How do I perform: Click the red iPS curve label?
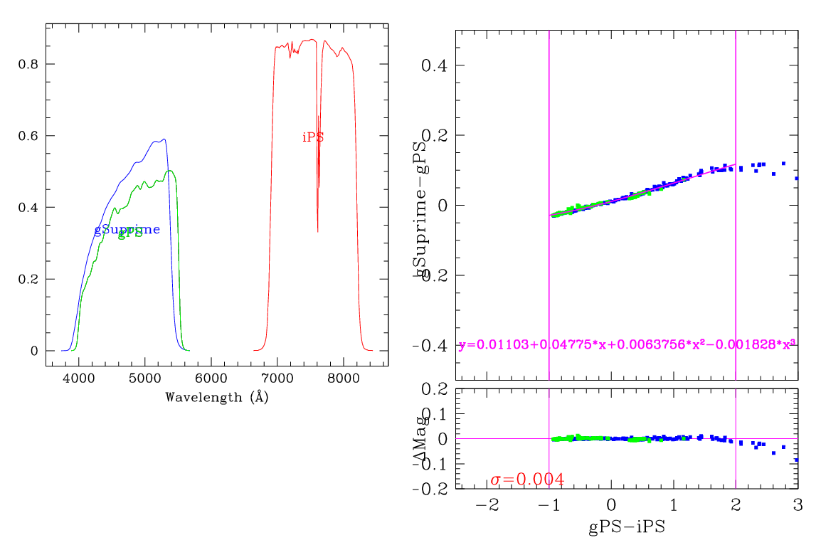[x=313, y=137]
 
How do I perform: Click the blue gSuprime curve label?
[x=127, y=230]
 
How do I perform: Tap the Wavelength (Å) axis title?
[x=217, y=397]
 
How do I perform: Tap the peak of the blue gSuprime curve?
[x=164, y=139]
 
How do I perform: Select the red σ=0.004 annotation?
[x=527, y=480]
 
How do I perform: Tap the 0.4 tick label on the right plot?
[x=433, y=66]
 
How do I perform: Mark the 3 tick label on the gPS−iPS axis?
[x=798, y=505]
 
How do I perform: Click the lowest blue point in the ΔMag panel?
[x=796, y=460]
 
